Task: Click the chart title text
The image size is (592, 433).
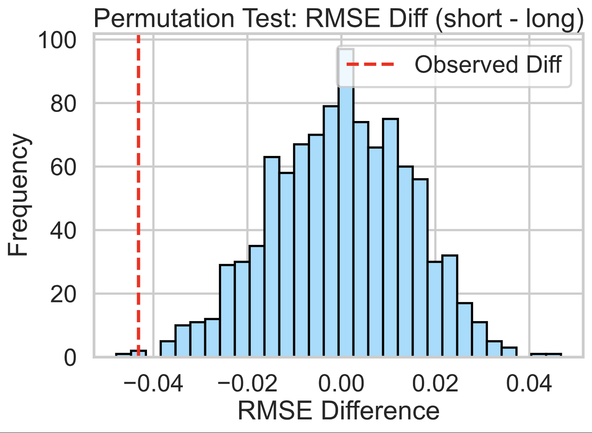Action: coord(338,19)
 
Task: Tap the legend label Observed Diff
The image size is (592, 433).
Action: coord(488,65)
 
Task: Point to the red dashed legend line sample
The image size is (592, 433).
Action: coord(371,65)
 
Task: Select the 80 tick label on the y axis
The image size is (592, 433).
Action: coord(63,104)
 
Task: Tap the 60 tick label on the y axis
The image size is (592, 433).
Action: coord(63,168)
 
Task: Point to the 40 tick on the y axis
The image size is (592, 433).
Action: coord(63,231)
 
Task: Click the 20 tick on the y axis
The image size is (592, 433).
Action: coord(63,295)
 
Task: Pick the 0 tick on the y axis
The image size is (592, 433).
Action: coord(70,358)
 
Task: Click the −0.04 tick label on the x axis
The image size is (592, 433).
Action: coord(153,384)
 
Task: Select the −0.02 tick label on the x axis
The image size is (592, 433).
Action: coord(247,384)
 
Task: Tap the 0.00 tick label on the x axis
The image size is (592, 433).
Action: coord(341,384)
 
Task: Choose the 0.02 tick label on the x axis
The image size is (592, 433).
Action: coord(435,384)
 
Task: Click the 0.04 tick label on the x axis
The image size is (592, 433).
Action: coord(529,384)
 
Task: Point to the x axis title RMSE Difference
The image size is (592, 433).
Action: coord(338,411)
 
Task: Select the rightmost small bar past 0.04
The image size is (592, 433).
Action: coord(554,355)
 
